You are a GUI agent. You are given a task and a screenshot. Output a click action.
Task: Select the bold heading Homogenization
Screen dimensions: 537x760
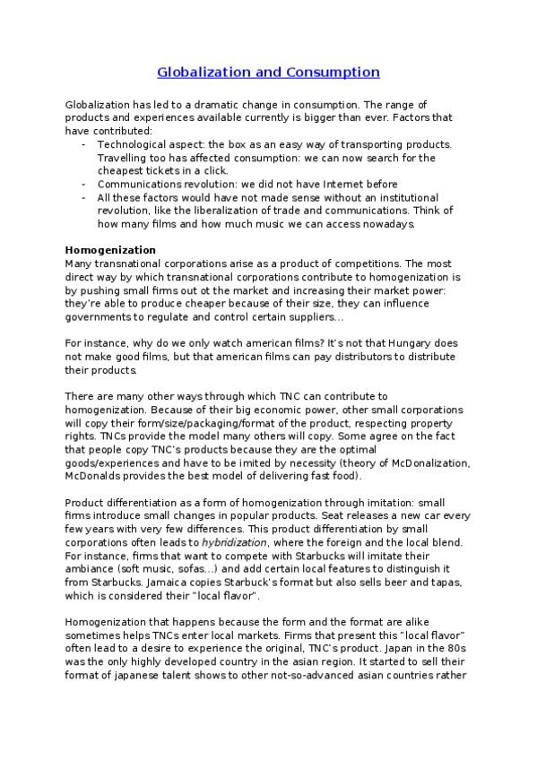[111, 249]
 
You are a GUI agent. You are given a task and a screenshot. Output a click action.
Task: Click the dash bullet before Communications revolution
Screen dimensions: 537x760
[83, 184]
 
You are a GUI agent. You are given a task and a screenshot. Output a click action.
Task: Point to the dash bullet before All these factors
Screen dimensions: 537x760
[83, 197]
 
